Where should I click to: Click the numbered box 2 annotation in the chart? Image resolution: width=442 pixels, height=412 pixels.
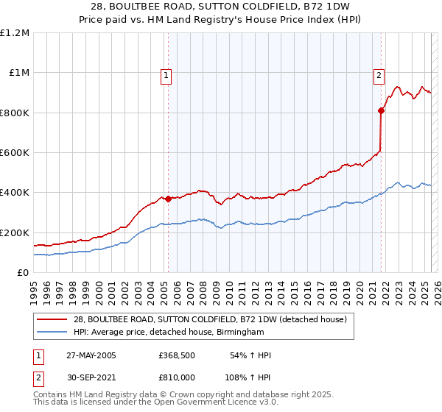click(x=379, y=74)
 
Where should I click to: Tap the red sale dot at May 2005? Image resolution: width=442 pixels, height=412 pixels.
click(x=168, y=199)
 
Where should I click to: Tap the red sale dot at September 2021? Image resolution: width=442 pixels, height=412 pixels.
click(x=381, y=111)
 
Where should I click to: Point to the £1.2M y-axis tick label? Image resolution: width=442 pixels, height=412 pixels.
click(x=15, y=33)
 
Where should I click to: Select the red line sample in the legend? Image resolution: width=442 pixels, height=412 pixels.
click(x=52, y=319)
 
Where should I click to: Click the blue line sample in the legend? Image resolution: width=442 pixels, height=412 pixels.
click(x=52, y=333)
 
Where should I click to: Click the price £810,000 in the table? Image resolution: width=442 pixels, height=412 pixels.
click(x=176, y=376)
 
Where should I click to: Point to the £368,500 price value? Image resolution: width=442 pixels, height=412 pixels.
click(x=176, y=355)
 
